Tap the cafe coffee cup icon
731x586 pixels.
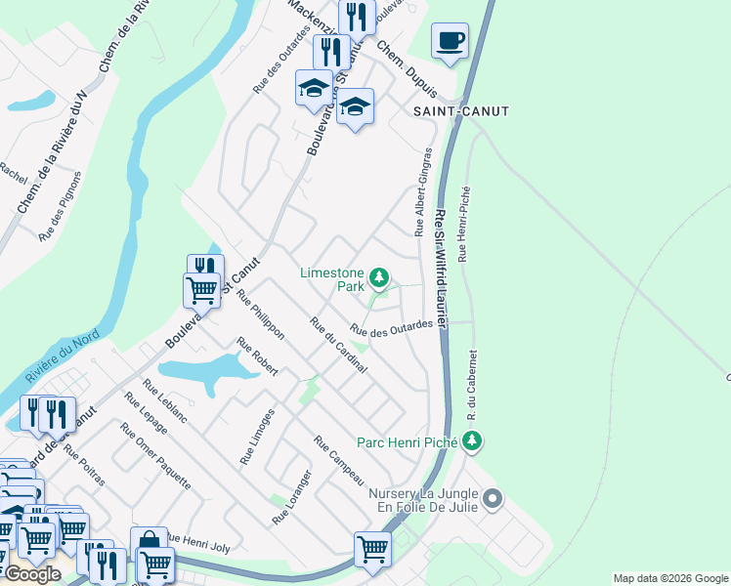point(450,41)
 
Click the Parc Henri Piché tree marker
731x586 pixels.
point(473,441)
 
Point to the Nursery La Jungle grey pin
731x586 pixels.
point(493,500)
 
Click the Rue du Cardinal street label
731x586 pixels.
point(338,346)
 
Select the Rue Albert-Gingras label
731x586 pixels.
point(422,192)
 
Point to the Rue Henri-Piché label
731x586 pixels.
point(465,225)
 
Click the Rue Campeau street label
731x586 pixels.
point(339,460)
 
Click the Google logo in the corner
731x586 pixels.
point(32,574)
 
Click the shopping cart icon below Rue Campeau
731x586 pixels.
point(372,549)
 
